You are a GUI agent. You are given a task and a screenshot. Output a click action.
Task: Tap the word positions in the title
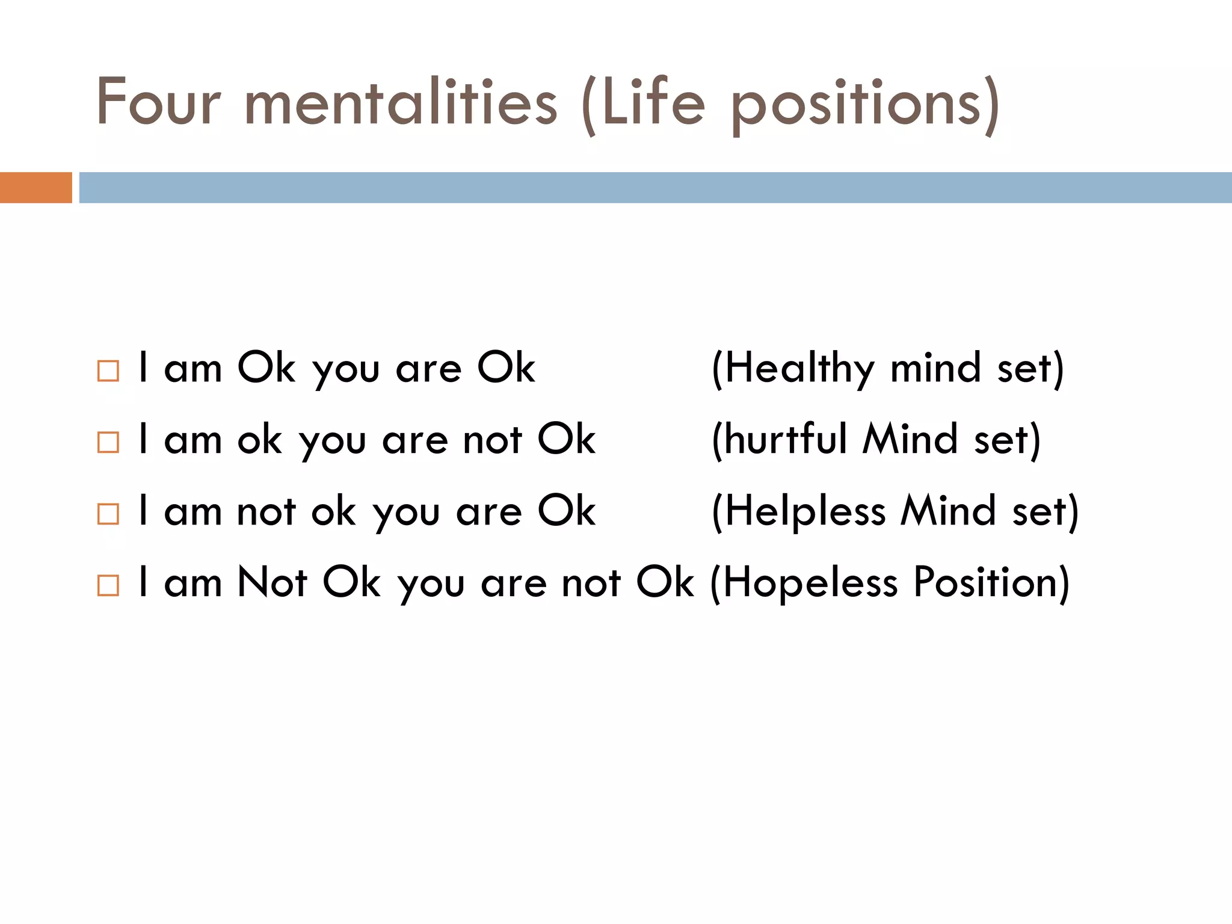[x=857, y=103]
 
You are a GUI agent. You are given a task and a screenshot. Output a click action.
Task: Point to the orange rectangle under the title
[x=35, y=188]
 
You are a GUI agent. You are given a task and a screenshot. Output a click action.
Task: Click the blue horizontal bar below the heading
[x=655, y=188]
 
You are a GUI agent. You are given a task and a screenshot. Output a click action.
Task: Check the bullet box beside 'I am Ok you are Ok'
[x=108, y=371]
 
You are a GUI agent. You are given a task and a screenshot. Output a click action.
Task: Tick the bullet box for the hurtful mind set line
[x=108, y=442]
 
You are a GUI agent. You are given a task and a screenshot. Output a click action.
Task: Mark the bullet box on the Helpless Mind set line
[x=108, y=514]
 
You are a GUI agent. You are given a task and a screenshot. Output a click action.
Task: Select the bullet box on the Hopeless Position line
[x=108, y=585]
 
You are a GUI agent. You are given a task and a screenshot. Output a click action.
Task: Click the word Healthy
[x=799, y=368]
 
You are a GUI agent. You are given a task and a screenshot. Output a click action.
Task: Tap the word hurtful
[x=786, y=439]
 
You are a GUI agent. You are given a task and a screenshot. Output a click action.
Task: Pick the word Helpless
[x=805, y=511]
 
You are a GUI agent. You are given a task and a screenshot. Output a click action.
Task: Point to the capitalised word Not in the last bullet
[x=273, y=582]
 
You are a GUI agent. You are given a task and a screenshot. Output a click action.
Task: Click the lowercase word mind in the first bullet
[x=935, y=368]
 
